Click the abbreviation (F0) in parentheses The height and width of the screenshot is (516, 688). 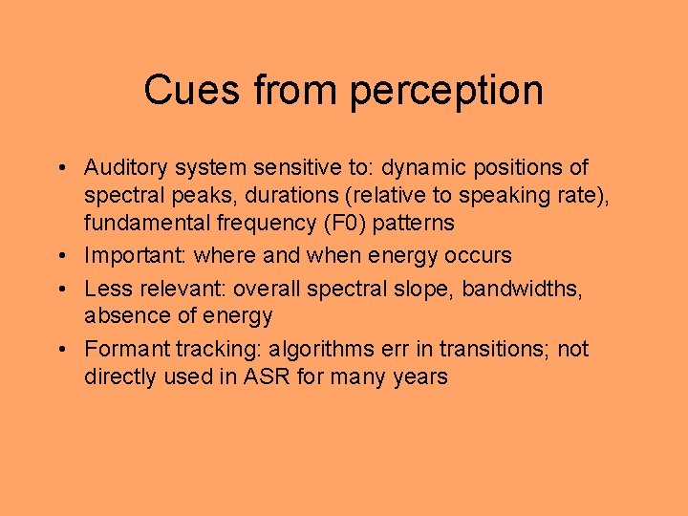(333, 225)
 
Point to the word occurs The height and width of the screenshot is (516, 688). (479, 256)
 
